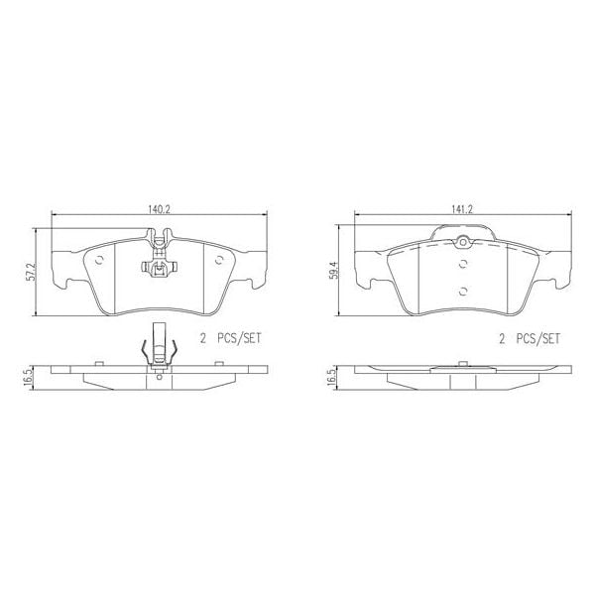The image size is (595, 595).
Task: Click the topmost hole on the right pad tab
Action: [462, 244]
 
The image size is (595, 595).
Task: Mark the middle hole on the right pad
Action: [463, 264]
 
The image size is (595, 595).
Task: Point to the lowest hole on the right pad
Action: [463, 290]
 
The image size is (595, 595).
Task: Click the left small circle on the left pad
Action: [101, 261]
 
